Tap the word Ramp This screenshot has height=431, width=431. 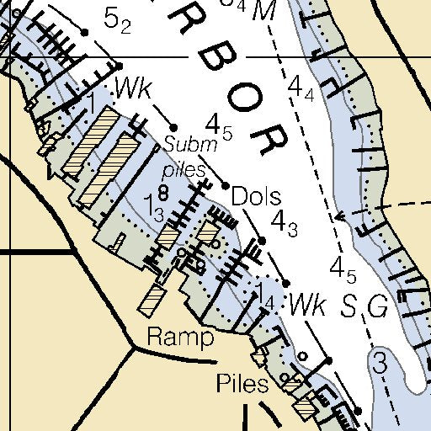click(180, 338)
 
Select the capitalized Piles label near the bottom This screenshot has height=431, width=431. click(242, 385)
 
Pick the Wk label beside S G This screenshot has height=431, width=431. click(306, 306)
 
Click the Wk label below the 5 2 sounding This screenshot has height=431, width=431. click(133, 88)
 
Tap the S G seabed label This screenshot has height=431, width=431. click(365, 307)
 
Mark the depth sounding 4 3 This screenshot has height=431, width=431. click(284, 221)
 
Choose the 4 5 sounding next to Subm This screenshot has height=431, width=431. click(219, 127)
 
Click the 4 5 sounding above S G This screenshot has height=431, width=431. click(343, 271)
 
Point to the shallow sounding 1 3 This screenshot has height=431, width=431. click(155, 205)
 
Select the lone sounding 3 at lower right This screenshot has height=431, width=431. click(380, 364)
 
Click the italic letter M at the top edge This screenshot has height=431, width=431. click(265, 10)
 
